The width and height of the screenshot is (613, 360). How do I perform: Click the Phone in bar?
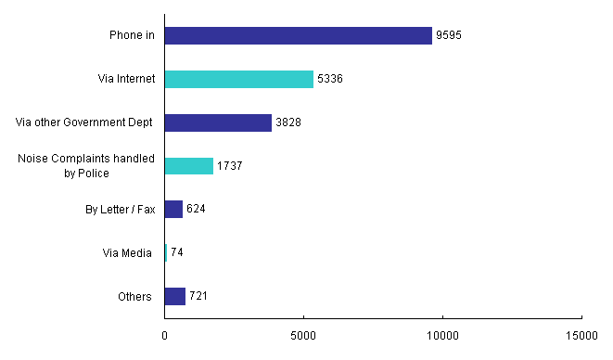click(299, 35)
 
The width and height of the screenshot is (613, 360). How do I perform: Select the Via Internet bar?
click(239, 79)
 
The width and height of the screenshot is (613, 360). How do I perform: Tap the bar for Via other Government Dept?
click(218, 122)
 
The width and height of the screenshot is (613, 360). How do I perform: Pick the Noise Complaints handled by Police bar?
click(189, 166)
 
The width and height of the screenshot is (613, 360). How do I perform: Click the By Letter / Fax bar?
click(173, 210)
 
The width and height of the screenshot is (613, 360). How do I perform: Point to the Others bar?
click(175, 296)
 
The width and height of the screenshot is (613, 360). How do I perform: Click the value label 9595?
click(449, 36)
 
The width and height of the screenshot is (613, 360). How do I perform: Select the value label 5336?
click(330, 80)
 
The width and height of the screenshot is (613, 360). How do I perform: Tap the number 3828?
click(288, 123)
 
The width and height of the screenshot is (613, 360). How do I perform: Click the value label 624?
click(195, 210)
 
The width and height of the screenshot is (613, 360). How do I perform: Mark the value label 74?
click(177, 253)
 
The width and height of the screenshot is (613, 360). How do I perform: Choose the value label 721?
click(198, 297)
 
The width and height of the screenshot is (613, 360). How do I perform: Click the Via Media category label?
click(127, 253)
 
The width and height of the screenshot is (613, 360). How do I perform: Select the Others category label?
click(135, 297)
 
